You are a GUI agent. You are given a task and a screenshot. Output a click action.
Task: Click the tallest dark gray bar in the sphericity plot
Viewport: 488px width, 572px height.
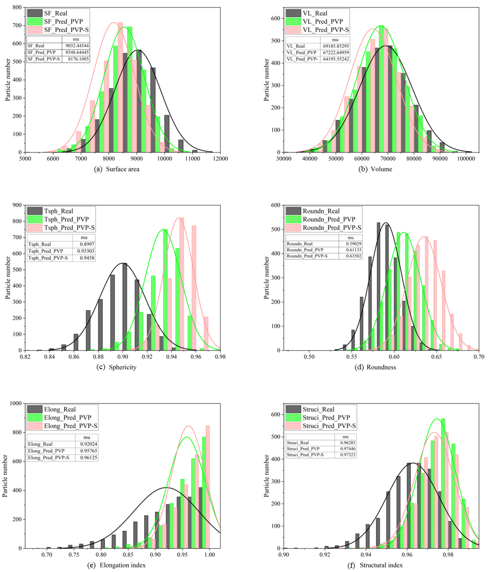(125, 306)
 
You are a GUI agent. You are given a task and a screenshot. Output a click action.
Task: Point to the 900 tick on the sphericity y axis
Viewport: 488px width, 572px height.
(17, 205)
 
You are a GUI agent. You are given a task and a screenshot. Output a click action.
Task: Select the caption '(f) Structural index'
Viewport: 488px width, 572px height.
(375, 565)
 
